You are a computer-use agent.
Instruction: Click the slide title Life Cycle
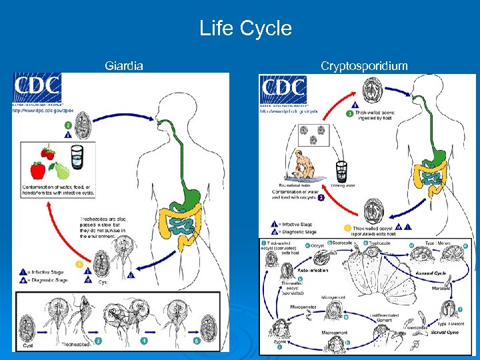click(245, 29)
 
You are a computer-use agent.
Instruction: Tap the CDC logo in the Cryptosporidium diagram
click(283, 90)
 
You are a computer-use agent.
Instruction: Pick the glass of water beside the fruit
click(76, 159)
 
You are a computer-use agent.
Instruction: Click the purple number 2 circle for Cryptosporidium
click(320, 198)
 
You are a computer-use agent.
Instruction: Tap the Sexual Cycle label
click(445, 331)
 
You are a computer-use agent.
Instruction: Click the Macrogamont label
click(334, 331)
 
